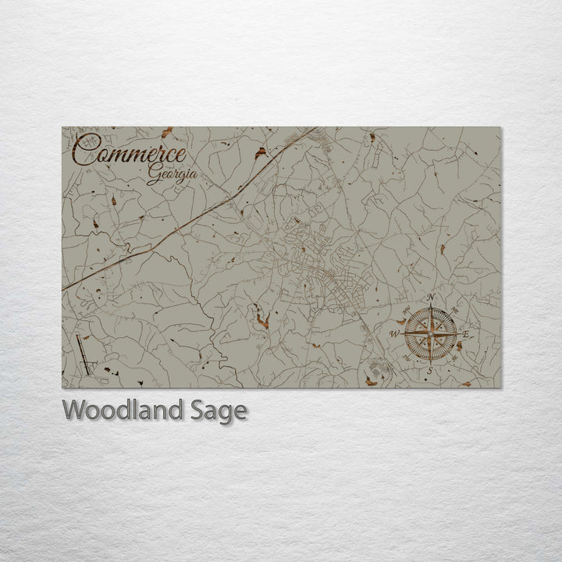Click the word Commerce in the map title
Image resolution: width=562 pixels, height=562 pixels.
pyautogui.click(x=131, y=152)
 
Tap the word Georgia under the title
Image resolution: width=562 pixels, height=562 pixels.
pyautogui.click(x=172, y=176)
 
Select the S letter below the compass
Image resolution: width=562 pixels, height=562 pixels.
pyautogui.click(x=430, y=371)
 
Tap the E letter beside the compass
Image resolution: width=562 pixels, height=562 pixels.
pyautogui.click(x=466, y=335)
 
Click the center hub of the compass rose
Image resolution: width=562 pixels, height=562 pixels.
pyautogui.click(x=430, y=334)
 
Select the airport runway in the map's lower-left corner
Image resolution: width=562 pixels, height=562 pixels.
pyautogui.click(x=84, y=354)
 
